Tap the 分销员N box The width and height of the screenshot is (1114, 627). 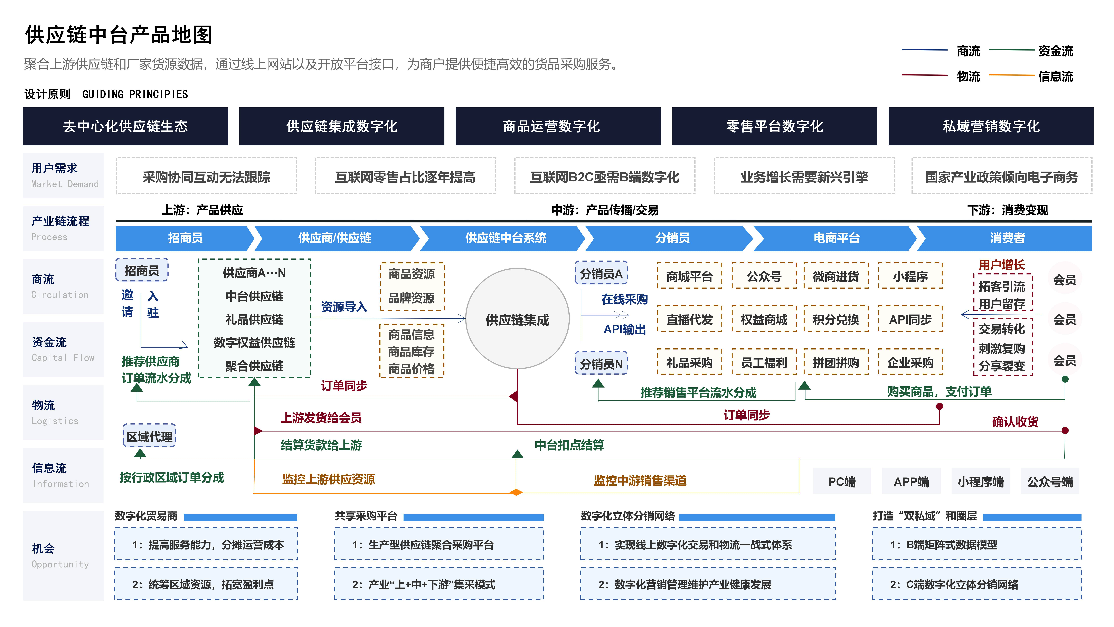(601, 363)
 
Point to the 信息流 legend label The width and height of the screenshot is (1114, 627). (1056, 77)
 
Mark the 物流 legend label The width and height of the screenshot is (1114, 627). (968, 77)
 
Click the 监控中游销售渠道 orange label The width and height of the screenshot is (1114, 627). (640, 480)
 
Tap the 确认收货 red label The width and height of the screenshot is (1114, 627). (1015, 421)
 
